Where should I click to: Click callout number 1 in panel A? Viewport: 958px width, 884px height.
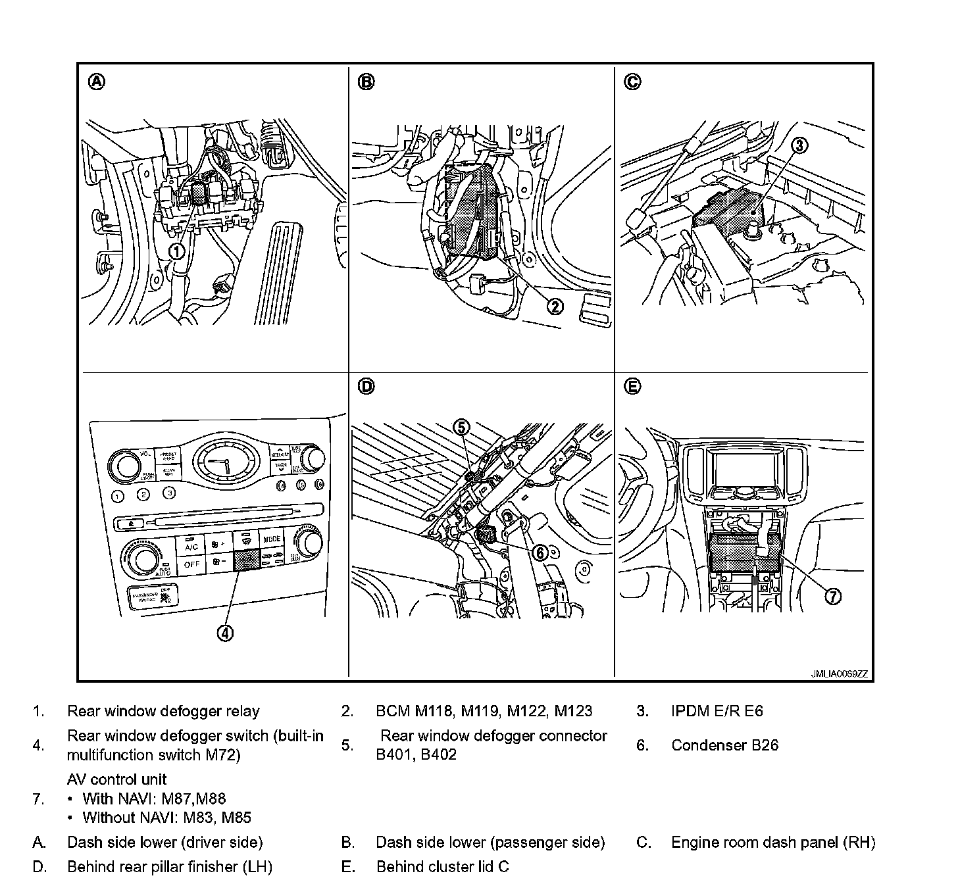pyautogui.click(x=176, y=251)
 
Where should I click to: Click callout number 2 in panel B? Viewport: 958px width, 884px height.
pyautogui.click(x=555, y=307)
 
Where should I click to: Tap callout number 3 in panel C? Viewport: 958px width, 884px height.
pyautogui.click(x=799, y=146)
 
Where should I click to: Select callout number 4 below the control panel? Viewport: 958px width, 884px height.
pyautogui.click(x=225, y=633)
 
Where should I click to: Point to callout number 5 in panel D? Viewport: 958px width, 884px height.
pyautogui.click(x=462, y=427)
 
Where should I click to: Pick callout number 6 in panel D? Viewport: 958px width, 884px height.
pyautogui.click(x=540, y=553)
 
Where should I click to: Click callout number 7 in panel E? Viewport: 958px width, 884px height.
pyautogui.click(x=833, y=597)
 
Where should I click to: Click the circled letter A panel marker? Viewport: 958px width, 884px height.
pyautogui.click(x=96, y=82)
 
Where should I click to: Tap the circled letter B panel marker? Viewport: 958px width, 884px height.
pyautogui.click(x=366, y=82)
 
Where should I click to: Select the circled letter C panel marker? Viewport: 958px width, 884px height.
pyautogui.click(x=632, y=82)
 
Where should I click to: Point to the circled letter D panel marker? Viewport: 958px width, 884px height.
pyautogui.click(x=366, y=387)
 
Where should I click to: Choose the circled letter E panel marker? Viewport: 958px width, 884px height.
pyautogui.click(x=632, y=387)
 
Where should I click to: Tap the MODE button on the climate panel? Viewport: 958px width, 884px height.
pyautogui.click(x=272, y=539)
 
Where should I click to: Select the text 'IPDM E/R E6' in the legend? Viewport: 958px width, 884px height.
pyautogui.click(x=717, y=711)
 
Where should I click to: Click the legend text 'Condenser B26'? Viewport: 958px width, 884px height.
pyautogui.click(x=724, y=745)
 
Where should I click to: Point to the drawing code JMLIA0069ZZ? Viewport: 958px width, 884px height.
pyautogui.click(x=839, y=674)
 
